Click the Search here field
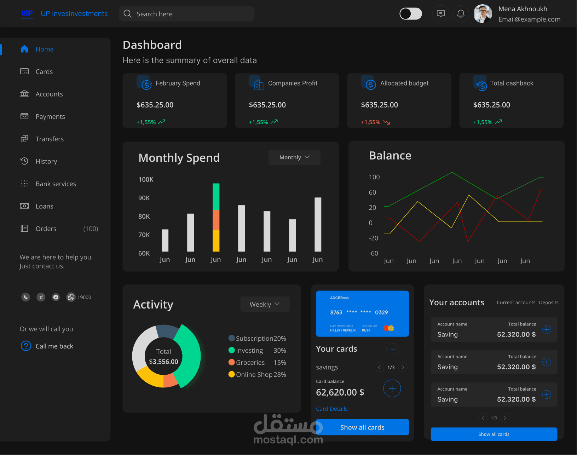coord(186,14)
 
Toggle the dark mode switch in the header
coord(411,14)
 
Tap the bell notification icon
coord(461,14)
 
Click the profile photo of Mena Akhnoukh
coord(483,14)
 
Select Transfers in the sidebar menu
coord(50,139)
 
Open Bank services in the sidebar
coord(56,184)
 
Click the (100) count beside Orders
coord(91,229)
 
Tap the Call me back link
coord(54,346)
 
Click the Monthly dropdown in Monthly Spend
coord(294,157)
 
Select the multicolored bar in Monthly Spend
coord(216,217)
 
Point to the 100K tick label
coord(146,180)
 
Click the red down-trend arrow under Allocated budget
coord(386,122)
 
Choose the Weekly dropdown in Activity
coord(265,304)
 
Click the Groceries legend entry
coord(250,363)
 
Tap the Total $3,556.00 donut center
coord(163,356)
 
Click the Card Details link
coord(331,409)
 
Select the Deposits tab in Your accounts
coord(549,303)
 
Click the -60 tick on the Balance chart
coord(373,253)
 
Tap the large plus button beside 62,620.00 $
coord(392,388)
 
